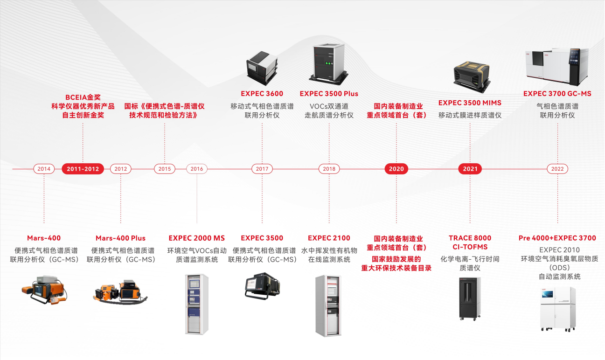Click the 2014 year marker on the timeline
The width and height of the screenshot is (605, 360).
tap(44, 169)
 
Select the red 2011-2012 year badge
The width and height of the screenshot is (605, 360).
tap(83, 169)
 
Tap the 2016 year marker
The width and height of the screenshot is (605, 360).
tap(197, 169)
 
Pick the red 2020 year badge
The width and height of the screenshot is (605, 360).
tap(396, 169)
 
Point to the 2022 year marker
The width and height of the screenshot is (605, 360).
tap(557, 169)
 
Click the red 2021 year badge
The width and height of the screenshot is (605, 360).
tap(470, 169)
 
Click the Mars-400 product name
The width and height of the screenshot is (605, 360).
tap(44, 238)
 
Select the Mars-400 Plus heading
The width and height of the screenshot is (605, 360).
tap(120, 238)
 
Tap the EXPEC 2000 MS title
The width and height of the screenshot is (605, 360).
tap(197, 238)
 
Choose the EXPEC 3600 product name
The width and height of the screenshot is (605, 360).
tap(262, 94)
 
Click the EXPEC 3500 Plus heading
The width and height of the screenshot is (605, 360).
tap(329, 94)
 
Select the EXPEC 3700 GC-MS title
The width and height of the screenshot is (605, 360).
tap(557, 94)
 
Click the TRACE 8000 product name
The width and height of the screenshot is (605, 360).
tap(470, 238)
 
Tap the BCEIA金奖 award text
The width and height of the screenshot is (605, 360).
tap(83, 97)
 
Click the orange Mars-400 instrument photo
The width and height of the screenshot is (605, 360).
tap(44, 290)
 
